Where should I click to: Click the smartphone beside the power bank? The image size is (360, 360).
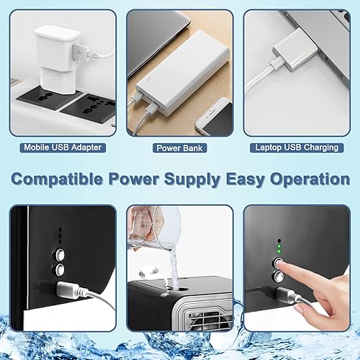click(215, 117)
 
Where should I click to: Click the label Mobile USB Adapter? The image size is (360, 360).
click(63, 148)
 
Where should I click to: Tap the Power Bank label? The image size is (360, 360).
click(179, 148)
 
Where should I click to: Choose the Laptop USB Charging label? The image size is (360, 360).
click(297, 148)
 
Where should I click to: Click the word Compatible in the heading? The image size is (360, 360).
click(57, 179)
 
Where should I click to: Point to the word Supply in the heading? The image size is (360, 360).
click(192, 179)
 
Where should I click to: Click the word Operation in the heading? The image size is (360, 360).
click(310, 179)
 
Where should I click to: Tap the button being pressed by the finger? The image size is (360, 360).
click(278, 263)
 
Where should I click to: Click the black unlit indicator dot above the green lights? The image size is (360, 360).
click(279, 240)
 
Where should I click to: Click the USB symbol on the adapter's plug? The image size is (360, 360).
click(79, 52)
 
